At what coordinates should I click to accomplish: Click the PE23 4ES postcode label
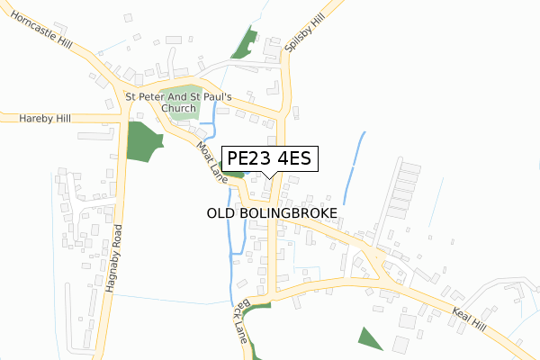pyautogui.click(x=269, y=159)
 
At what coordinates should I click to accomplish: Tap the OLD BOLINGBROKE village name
pyautogui.click(x=272, y=213)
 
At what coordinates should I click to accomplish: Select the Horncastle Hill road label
pyautogui.click(x=41, y=34)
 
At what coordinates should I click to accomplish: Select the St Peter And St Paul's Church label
pyautogui.click(x=178, y=102)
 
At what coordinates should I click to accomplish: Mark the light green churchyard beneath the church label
pyautogui.click(x=184, y=112)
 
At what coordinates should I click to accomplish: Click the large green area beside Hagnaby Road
pyautogui.click(x=142, y=142)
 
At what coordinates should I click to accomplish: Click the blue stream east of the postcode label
pyautogui.click(x=354, y=166)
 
